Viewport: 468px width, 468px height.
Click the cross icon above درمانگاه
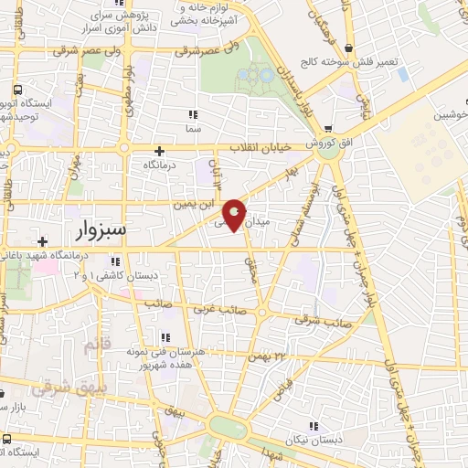(160, 151)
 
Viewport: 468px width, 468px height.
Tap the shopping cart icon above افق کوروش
(327, 129)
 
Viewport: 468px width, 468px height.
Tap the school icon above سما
(192, 115)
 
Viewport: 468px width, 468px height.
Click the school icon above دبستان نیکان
(314, 426)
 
